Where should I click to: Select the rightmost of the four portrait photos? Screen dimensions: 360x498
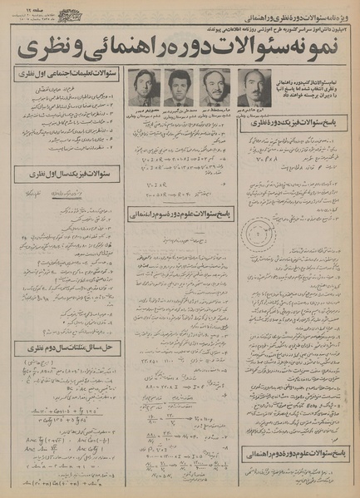(249, 86)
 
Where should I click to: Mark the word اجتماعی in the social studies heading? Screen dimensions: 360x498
(63, 74)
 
